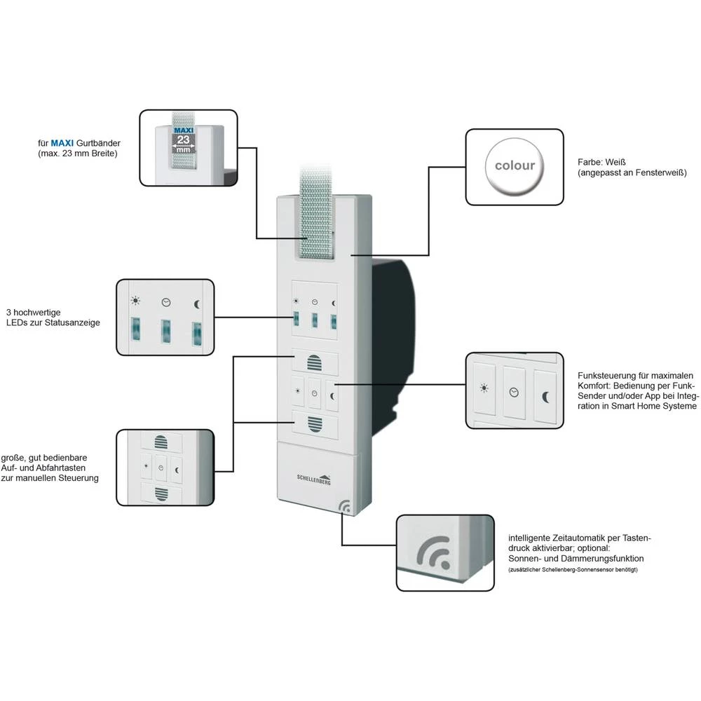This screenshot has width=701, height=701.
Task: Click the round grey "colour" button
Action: pyautogui.click(x=515, y=166)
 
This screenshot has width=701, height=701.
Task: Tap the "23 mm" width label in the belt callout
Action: pyautogui.click(x=182, y=142)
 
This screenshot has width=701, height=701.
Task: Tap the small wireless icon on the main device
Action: pyautogui.click(x=346, y=506)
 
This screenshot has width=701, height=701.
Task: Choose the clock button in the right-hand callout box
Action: pyautogui.click(x=515, y=393)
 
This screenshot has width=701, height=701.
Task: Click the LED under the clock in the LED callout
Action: pyautogui.click(x=166, y=332)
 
